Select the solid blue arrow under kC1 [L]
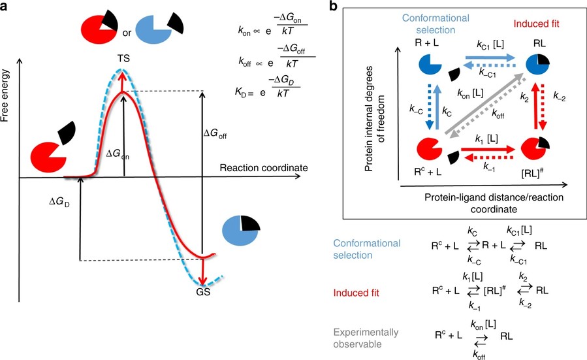pos(485,58)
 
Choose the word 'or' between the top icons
pos(122,31)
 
